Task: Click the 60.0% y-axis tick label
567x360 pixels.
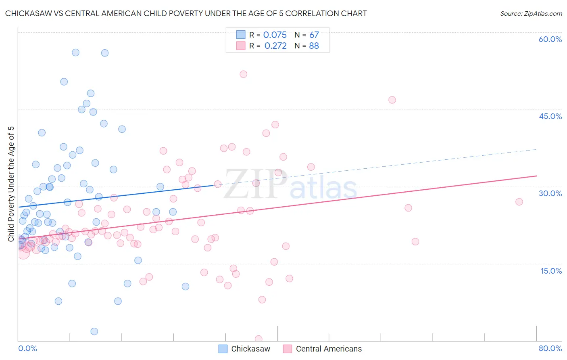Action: [x=550, y=40]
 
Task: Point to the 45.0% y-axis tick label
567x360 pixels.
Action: [x=550, y=117]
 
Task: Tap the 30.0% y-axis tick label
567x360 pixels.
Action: [x=550, y=194]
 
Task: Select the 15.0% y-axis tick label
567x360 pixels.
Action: [x=551, y=271]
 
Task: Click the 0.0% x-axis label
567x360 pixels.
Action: [x=27, y=349]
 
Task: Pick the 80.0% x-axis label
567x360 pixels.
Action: [x=550, y=349]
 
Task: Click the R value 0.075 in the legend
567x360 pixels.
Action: [x=275, y=35]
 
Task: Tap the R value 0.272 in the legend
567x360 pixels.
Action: [x=275, y=46]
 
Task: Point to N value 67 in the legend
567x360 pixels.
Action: [x=314, y=35]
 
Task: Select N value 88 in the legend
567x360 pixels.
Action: [x=314, y=46]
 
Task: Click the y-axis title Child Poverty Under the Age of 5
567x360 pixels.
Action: [x=11, y=184]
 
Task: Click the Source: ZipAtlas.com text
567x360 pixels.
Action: [x=531, y=14]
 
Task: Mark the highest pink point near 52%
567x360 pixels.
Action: [x=243, y=74]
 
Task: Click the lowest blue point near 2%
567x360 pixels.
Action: [x=94, y=331]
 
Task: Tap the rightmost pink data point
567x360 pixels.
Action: [x=519, y=202]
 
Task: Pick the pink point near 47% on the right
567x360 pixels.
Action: [x=392, y=100]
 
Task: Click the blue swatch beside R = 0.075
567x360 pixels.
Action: [x=241, y=35]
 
